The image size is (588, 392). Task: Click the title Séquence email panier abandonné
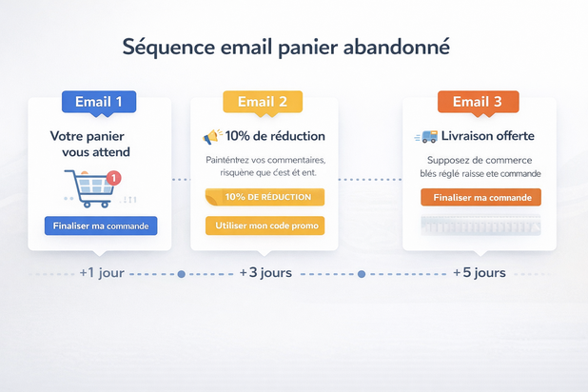click(286, 47)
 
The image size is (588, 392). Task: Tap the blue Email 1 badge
click(99, 102)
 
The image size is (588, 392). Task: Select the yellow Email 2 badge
click(263, 102)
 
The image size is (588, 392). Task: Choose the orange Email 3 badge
click(478, 102)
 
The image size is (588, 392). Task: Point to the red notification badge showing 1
click(114, 177)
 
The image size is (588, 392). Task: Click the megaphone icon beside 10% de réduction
click(212, 137)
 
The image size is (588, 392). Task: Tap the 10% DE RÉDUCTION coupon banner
click(265, 197)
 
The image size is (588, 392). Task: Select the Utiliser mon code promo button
click(265, 225)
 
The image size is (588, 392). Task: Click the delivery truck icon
click(426, 137)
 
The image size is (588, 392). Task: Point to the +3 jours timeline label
click(265, 273)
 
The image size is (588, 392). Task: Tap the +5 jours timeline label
click(479, 273)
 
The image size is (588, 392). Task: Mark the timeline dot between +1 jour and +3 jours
click(181, 274)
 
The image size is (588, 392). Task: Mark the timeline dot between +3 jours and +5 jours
click(361, 274)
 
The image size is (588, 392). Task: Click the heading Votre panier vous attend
click(90, 145)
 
